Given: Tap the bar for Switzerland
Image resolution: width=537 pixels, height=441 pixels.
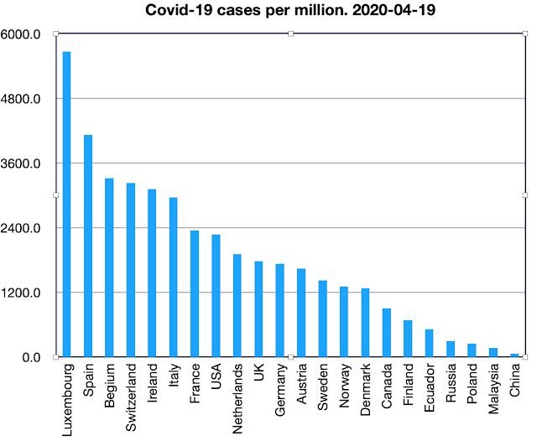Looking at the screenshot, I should coord(130,270).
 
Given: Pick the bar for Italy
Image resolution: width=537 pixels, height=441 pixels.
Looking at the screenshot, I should coord(173,278).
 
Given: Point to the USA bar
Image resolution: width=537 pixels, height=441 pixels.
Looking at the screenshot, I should coord(216,296).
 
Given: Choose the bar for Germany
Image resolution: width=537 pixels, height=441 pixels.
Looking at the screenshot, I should coord(279,310).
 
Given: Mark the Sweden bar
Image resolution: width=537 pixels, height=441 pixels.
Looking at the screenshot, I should coord(322,319).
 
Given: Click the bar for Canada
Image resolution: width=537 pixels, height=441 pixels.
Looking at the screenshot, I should coord(386,333).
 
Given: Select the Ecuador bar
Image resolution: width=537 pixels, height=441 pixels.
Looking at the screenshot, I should coord(429,343).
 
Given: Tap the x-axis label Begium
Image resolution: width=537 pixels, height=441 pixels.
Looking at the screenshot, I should coord(110,385).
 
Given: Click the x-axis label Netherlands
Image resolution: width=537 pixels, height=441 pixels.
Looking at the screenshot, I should coord(237,397).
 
